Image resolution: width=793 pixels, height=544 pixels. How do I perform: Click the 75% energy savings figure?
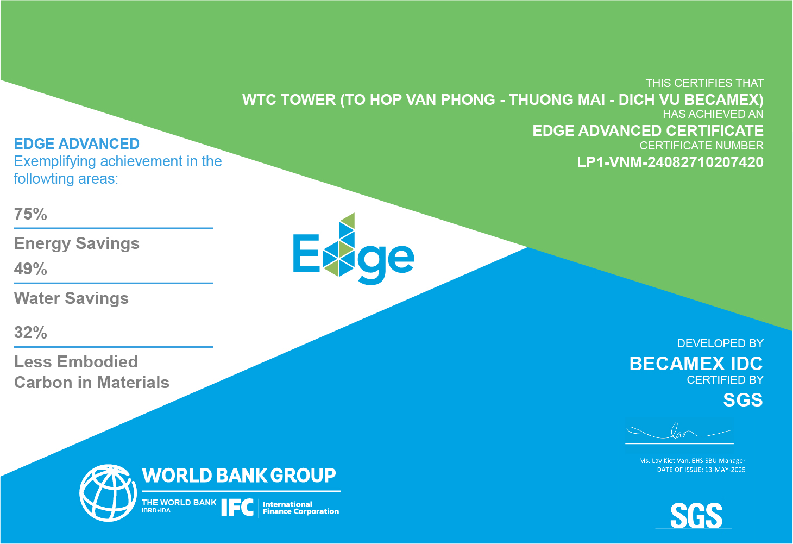coord(31,214)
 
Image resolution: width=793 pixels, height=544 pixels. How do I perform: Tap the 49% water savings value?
coord(31,269)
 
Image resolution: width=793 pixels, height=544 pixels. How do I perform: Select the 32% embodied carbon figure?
coord(31,333)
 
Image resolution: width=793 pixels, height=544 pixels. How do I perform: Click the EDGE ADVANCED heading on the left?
coord(77,144)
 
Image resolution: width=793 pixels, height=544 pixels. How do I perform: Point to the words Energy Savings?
coord(77,243)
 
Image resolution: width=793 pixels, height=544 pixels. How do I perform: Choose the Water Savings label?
coord(71,298)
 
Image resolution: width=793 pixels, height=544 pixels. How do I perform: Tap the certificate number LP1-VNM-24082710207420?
coord(670,162)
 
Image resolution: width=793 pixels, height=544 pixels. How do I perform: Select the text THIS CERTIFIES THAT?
coord(704,83)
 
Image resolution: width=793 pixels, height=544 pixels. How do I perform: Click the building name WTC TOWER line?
coord(502,100)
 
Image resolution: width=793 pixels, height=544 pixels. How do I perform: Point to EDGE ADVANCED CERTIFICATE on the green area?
coord(648,131)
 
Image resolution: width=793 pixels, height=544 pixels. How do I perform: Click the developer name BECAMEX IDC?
coord(696,364)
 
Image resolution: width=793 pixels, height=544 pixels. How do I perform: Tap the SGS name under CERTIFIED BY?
coord(742,401)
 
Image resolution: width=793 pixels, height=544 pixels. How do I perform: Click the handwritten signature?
coord(679,433)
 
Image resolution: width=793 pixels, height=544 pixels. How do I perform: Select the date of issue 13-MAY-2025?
coord(725,470)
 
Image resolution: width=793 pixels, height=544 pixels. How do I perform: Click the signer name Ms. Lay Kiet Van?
coord(664,461)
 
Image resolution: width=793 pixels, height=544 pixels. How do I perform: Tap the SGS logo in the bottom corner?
coord(695,515)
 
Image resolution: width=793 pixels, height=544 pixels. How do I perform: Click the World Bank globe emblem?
coord(108,492)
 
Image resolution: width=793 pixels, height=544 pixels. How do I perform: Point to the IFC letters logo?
coord(237,508)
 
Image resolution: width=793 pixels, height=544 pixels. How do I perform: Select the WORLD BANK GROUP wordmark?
coord(239,476)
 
